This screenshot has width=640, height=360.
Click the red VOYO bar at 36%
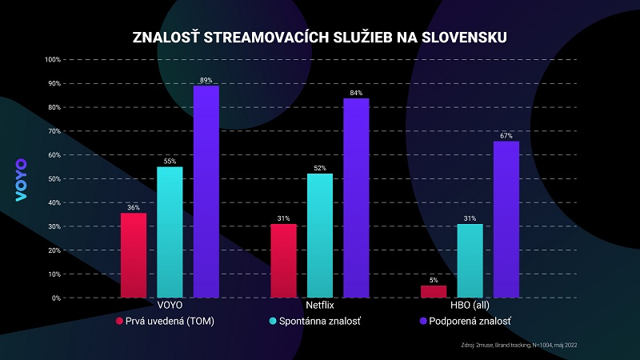point(134,255)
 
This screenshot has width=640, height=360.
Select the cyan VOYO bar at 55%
point(170,232)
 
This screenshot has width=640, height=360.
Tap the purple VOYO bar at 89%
point(206,192)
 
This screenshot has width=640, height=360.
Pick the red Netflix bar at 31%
point(283,261)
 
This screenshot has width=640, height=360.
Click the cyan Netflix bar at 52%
point(319,236)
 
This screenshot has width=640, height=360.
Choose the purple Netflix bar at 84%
point(356,198)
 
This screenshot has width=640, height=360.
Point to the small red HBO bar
point(434,291)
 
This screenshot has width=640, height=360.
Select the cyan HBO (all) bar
point(470,261)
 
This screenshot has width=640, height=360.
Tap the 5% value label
point(434,280)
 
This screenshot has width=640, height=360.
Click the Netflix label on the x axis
point(320,306)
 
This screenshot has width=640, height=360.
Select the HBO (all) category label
point(470,306)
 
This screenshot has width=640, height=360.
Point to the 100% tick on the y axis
point(50,60)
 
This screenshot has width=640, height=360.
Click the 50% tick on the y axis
point(52,179)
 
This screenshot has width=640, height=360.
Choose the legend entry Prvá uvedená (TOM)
point(163,321)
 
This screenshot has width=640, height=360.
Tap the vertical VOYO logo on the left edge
point(22,180)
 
